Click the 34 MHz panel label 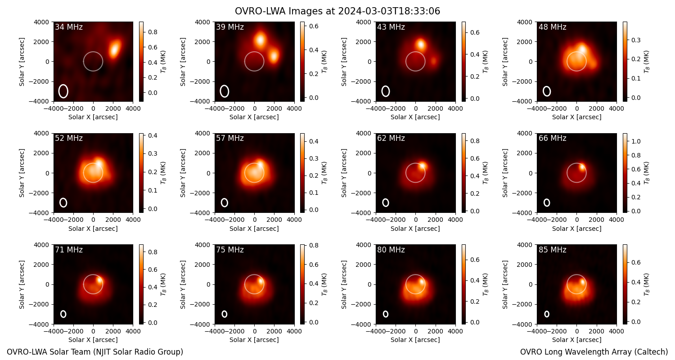69,27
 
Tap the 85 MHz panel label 552,250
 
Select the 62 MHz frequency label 391,138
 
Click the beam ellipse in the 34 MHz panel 63,91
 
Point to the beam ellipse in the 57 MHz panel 225,202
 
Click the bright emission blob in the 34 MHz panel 114,48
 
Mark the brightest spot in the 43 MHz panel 421,45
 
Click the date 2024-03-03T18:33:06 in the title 389,11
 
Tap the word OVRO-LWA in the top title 261,11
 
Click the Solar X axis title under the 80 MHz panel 415,340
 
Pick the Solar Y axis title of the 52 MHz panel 22,173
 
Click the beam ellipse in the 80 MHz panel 386,314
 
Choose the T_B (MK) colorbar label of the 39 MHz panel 324,62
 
